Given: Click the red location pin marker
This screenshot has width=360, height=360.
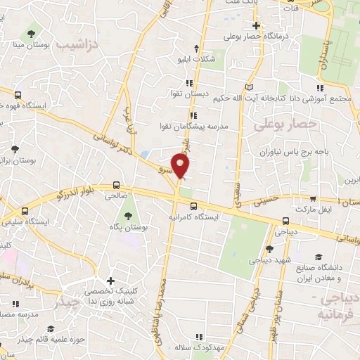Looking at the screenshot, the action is pyautogui.click(x=181, y=165).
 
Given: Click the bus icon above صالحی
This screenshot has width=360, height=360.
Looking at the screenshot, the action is pyautogui.click(x=115, y=186).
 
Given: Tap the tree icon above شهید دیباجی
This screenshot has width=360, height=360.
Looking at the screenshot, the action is pyautogui.click(x=269, y=248).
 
